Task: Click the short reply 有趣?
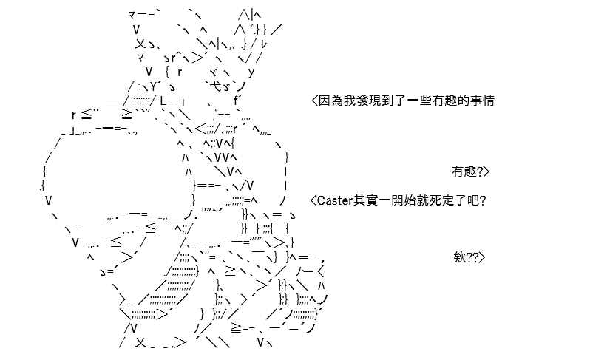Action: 467,171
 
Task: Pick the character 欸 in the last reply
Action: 460,257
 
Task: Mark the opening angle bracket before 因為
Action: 314,101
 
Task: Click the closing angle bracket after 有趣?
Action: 486,171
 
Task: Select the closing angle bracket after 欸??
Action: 482,257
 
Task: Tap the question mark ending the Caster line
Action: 482,200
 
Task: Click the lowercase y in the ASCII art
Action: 251,72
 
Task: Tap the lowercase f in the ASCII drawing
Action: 236,101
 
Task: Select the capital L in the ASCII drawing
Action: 163,101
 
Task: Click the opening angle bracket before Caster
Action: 313,200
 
